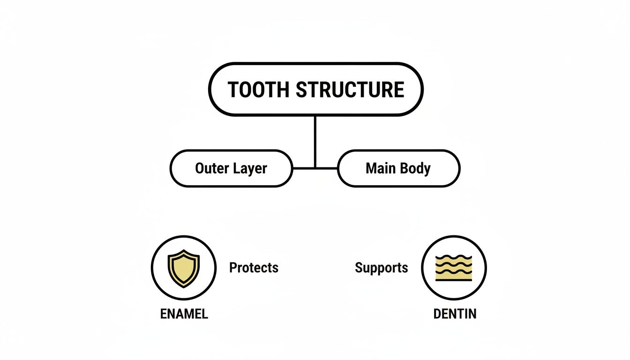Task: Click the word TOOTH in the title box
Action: tap(259, 90)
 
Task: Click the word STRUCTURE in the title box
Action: tap(350, 90)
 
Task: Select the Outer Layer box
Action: tap(231, 168)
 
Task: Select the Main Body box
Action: tap(398, 168)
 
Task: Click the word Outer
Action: tap(212, 168)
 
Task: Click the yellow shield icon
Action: tap(184, 268)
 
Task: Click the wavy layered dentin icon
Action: tap(453, 268)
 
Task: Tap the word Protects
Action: tap(254, 268)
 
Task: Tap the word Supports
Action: tap(381, 268)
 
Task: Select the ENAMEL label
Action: tap(184, 314)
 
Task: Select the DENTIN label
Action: tap(455, 314)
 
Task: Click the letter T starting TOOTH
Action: tap(233, 90)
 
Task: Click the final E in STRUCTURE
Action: tap(398, 90)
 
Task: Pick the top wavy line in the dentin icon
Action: tap(453, 257)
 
